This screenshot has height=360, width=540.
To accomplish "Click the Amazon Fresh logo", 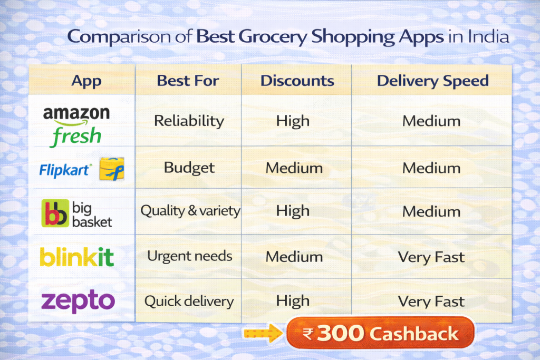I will pyautogui.click(x=76, y=125).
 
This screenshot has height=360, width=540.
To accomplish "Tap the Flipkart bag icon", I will pyautogui.click(x=111, y=169).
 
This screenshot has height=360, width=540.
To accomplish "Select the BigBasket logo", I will pyautogui.click(x=77, y=213).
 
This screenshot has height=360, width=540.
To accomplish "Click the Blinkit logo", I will pyautogui.click(x=77, y=257).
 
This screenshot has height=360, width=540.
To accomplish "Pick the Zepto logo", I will pyautogui.click(x=78, y=301).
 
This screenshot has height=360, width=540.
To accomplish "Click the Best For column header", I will pyautogui.click(x=188, y=81).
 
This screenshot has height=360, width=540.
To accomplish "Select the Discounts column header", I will pyautogui.click(x=297, y=81).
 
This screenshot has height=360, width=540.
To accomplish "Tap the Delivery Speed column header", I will pyautogui.click(x=432, y=81).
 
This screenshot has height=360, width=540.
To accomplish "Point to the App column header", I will pyautogui.click(x=86, y=81).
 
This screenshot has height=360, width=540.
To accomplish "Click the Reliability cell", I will pyautogui.click(x=189, y=121).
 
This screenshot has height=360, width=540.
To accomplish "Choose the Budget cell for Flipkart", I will pyautogui.click(x=189, y=168).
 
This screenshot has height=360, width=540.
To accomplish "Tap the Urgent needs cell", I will pyautogui.click(x=189, y=257).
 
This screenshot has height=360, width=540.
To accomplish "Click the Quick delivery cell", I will pyautogui.click(x=189, y=301).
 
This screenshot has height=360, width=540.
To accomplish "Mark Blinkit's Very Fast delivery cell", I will pyautogui.click(x=431, y=257).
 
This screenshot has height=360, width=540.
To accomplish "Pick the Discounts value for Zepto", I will pyautogui.click(x=293, y=301).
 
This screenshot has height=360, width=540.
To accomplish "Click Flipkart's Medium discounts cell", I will pyautogui.click(x=294, y=168).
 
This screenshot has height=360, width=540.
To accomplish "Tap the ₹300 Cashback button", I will pyautogui.click(x=380, y=333).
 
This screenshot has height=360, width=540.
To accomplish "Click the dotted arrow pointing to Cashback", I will pyautogui.click(x=263, y=333).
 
